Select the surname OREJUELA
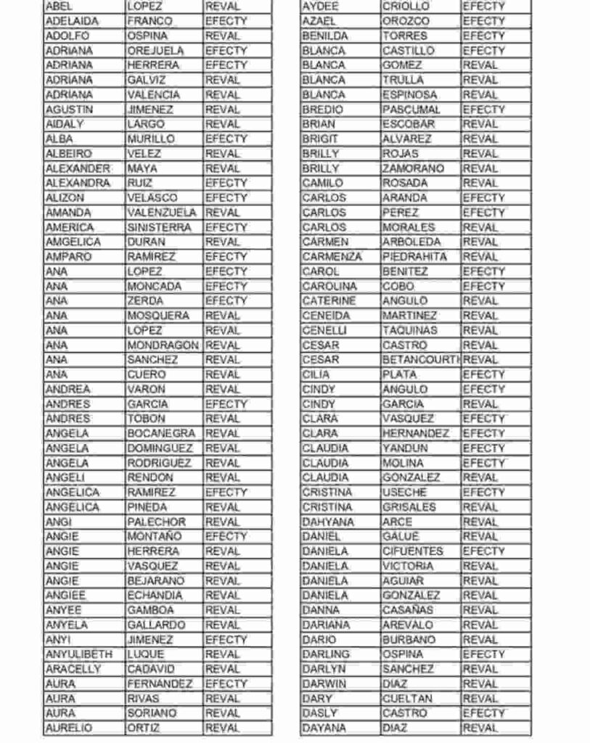(x=155, y=51)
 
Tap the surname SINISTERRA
(x=159, y=227)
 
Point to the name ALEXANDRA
(x=78, y=183)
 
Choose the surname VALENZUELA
(x=162, y=213)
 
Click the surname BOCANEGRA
(x=161, y=433)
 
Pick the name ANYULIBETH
(x=79, y=654)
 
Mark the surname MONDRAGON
(x=163, y=345)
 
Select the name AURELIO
(x=70, y=728)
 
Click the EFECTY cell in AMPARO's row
(x=226, y=257)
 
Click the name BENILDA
(x=324, y=36)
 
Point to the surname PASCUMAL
(x=411, y=110)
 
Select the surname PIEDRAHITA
(x=414, y=257)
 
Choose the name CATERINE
(x=329, y=300)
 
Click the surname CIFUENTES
(x=412, y=551)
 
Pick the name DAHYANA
(x=328, y=522)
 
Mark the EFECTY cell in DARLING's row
(x=483, y=654)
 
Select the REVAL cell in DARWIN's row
(x=480, y=684)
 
